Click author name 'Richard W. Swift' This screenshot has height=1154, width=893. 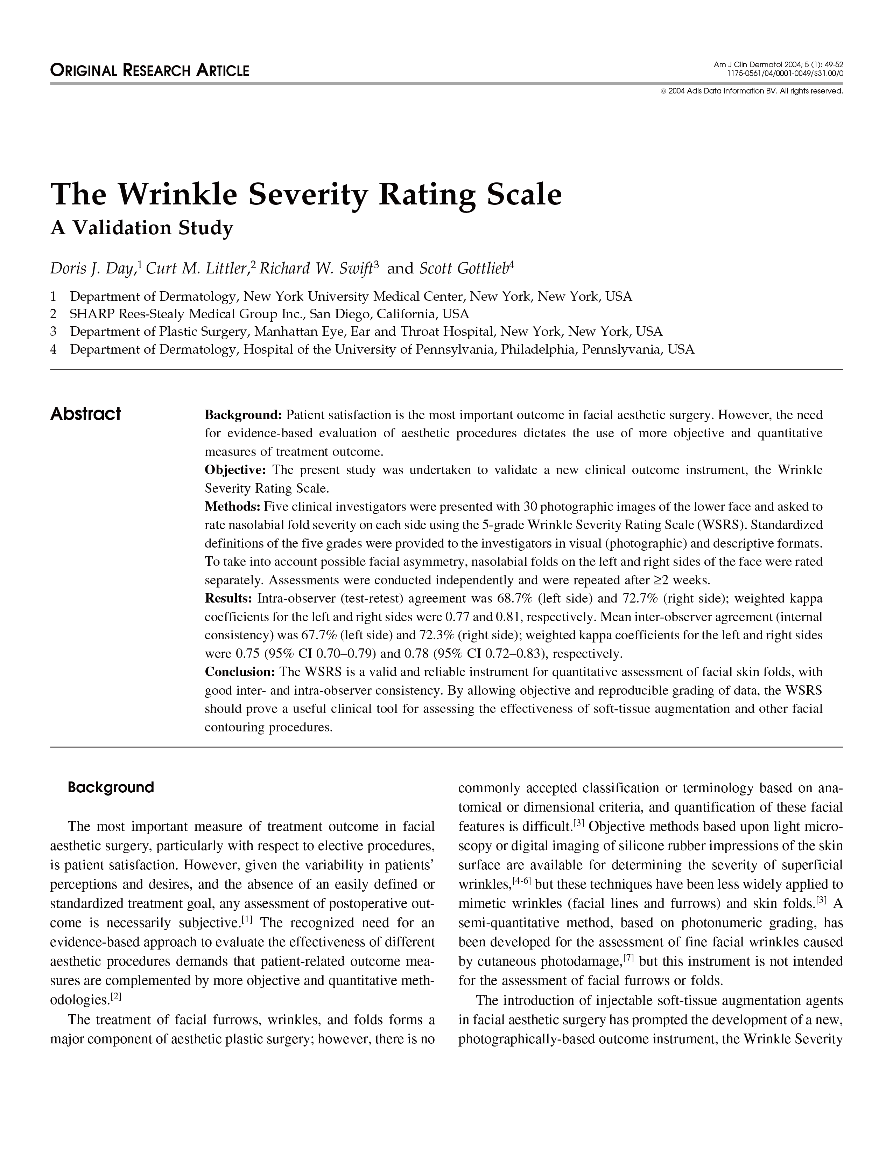(315, 269)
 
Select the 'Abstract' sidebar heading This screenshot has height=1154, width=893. (85, 414)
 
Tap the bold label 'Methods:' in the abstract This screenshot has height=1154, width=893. (232, 507)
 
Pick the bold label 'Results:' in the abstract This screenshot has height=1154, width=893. (228, 599)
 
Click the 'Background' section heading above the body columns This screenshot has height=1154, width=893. (111, 787)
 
